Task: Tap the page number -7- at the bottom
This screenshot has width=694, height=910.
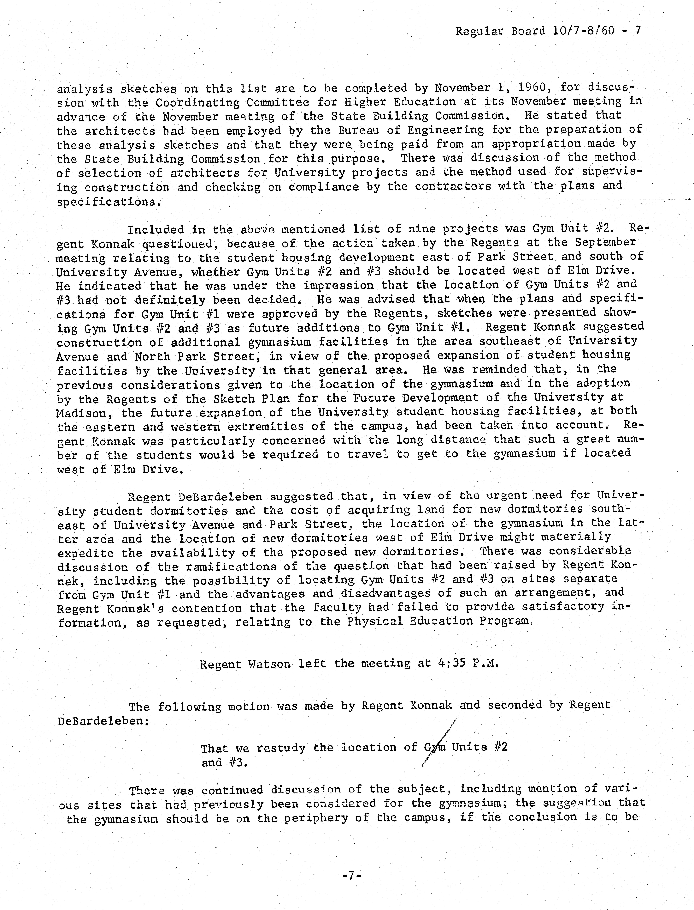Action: (352, 876)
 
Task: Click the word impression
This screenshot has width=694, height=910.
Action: (339, 285)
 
